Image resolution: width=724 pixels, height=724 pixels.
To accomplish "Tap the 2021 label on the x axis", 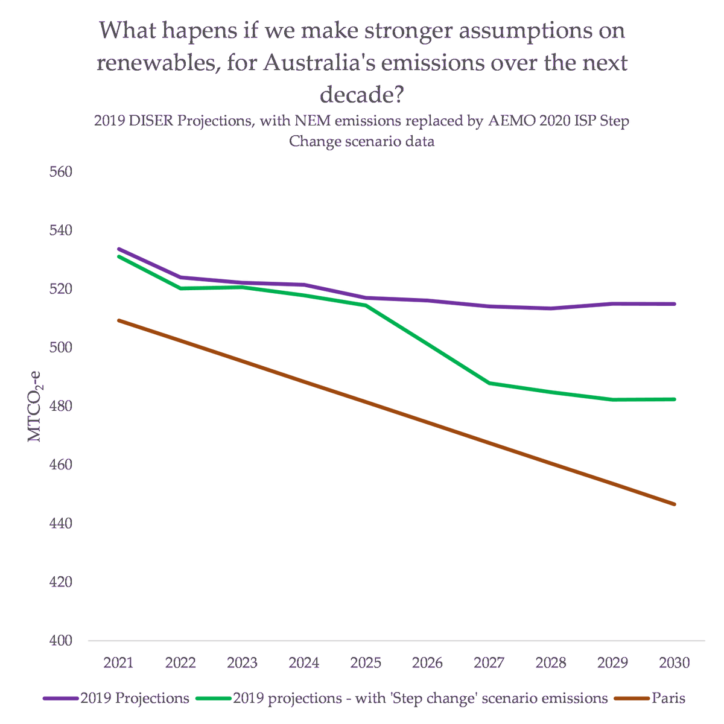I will [x=118, y=663].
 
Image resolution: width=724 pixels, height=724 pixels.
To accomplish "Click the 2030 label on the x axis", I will [x=675, y=663].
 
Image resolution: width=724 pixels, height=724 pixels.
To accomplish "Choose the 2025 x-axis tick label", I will [x=366, y=663].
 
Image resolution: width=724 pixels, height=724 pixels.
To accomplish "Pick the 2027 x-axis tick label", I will [x=489, y=663].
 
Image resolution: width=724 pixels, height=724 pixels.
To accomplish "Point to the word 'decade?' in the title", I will [x=362, y=94].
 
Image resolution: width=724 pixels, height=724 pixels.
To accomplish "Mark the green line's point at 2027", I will [x=489, y=383].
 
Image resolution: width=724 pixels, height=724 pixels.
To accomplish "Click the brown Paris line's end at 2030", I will [x=675, y=504].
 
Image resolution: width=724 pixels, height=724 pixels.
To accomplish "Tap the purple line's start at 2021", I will [x=118, y=249].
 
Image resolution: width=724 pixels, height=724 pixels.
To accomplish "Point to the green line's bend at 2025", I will [x=366, y=305].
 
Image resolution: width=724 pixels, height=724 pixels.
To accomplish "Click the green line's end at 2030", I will [x=675, y=399].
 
